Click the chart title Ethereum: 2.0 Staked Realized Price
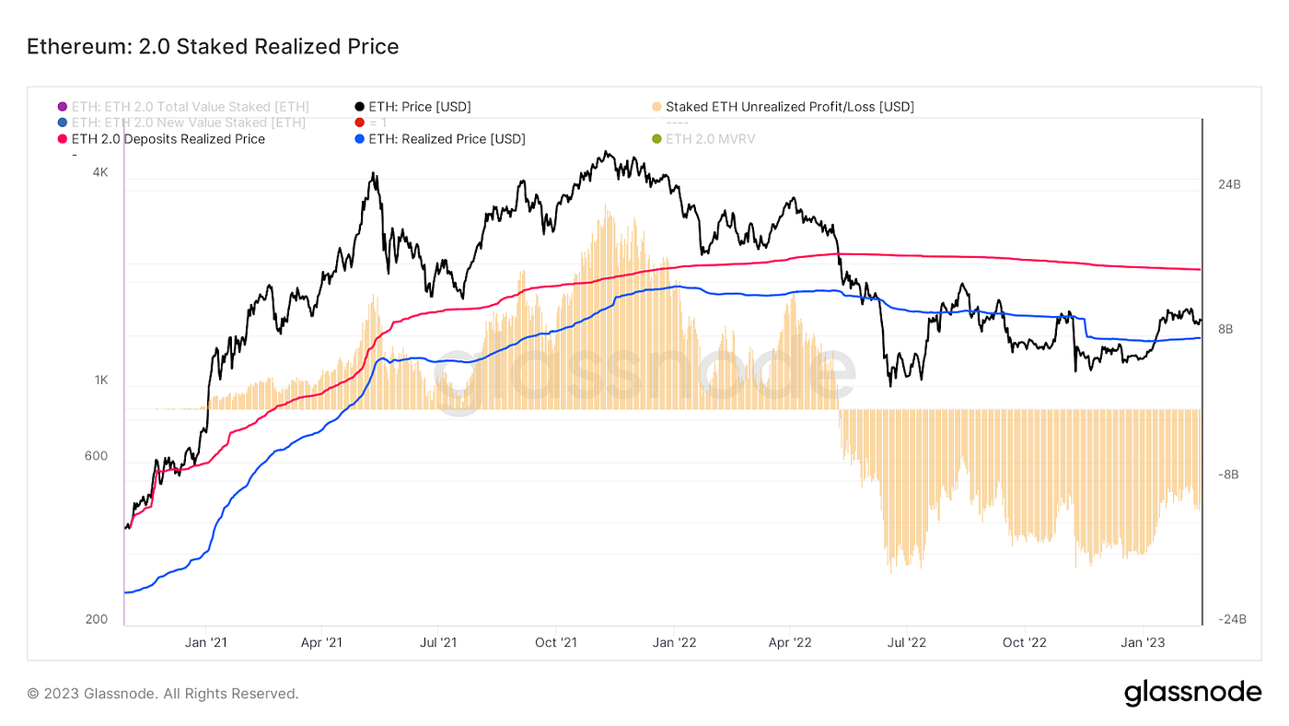click(213, 46)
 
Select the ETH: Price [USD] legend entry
click(419, 107)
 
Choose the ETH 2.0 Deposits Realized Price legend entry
click(168, 139)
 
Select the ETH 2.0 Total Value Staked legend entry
click(190, 107)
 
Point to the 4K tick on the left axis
click(99, 172)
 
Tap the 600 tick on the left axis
click(97, 456)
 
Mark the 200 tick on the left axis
click(97, 619)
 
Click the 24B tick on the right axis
click(1229, 184)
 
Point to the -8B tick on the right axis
click(1229, 474)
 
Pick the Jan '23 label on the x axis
click(1143, 642)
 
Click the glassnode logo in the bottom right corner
click(1192, 693)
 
